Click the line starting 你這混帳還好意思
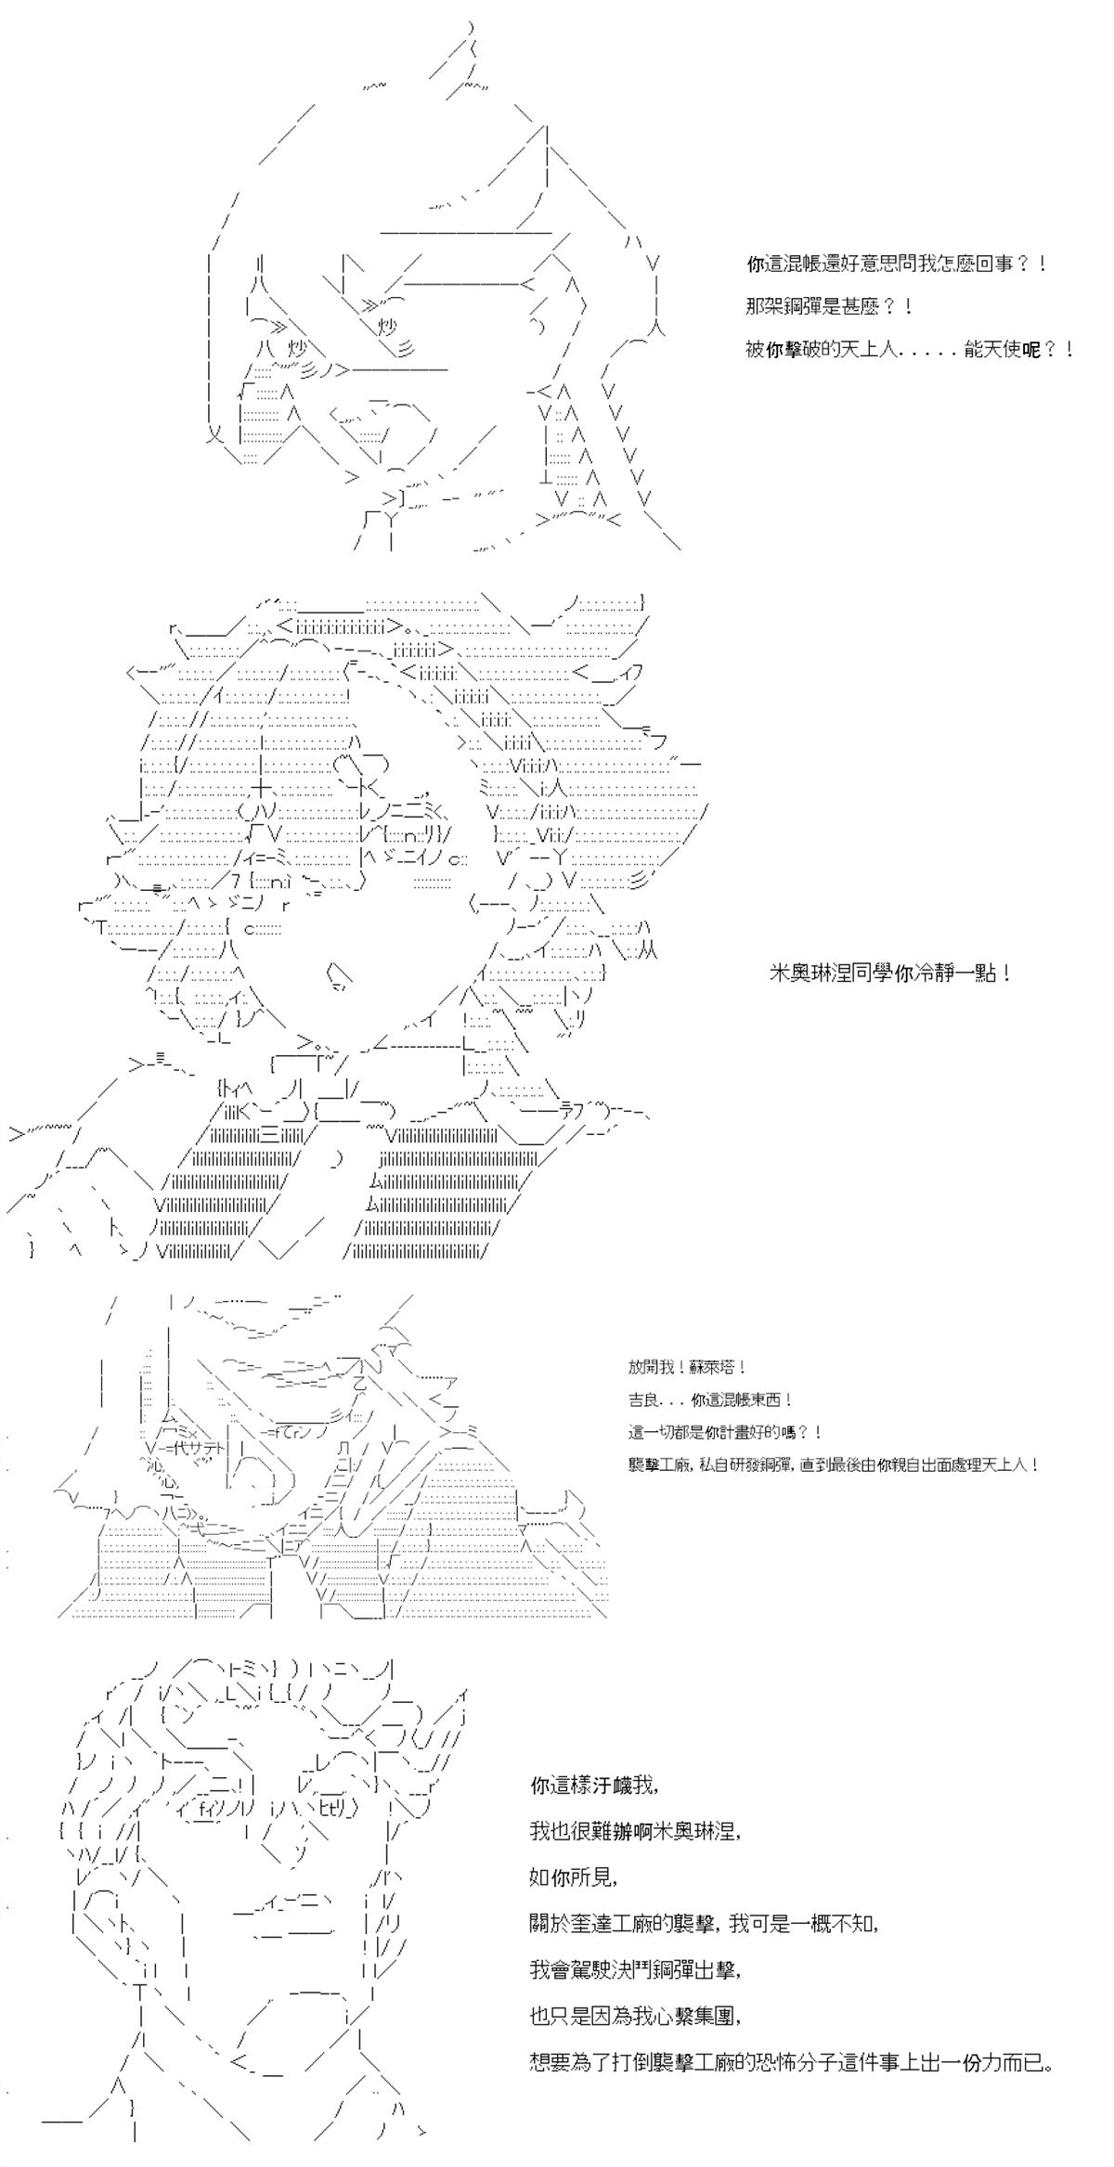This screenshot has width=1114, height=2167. tap(897, 264)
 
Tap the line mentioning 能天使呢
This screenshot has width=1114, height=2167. tap(910, 350)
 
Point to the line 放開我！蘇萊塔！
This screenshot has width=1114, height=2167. tap(686, 1368)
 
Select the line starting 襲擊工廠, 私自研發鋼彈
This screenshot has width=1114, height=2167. tap(833, 1464)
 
